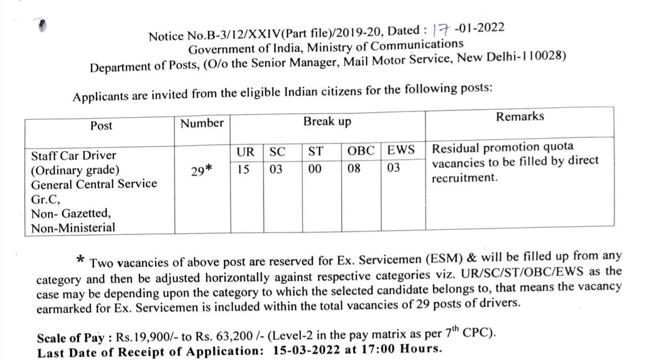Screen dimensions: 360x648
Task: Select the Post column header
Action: click(x=102, y=126)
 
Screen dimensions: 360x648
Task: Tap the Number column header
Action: click(x=201, y=123)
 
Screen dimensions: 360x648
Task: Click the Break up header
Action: click(x=327, y=122)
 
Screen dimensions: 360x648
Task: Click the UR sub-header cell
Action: click(x=246, y=152)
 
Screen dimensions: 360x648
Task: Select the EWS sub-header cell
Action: click(x=401, y=151)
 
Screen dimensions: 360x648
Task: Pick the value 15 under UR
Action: click(x=244, y=169)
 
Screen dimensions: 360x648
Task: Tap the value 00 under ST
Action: click(x=315, y=169)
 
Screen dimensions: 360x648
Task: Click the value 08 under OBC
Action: click(x=354, y=169)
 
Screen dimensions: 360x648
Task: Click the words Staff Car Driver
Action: click(x=73, y=156)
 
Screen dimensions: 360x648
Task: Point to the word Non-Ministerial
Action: click(x=73, y=227)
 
